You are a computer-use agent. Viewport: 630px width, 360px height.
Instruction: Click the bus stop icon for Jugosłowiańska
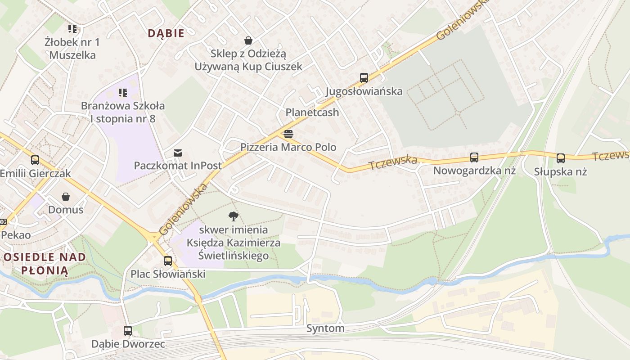pyautogui.click(x=364, y=77)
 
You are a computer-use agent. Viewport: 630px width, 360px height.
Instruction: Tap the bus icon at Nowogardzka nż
pyautogui.click(x=474, y=157)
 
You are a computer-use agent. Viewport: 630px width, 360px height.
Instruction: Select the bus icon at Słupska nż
pyautogui.click(x=560, y=158)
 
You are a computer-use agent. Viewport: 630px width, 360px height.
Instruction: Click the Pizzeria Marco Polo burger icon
pyautogui.click(x=288, y=134)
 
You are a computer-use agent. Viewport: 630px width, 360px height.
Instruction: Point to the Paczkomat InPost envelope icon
pyautogui.click(x=178, y=153)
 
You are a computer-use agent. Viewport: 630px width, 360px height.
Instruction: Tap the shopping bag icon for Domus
pyautogui.click(x=66, y=197)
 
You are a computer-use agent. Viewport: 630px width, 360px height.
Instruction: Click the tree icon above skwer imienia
pyautogui.click(x=233, y=216)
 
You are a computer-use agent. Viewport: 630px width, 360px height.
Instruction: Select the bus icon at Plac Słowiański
pyautogui.click(x=168, y=261)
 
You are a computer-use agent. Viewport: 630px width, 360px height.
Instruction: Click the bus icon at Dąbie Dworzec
pyautogui.click(x=128, y=331)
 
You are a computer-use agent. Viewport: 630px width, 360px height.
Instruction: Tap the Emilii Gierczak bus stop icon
pyautogui.click(x=35, y=160)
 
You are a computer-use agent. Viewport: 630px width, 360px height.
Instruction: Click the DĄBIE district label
pyautogui.click(x=166, y=33)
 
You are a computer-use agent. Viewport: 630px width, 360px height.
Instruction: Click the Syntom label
pyautogui.click(x=325, y=328)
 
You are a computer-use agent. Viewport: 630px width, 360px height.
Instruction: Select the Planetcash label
pyautogui.click(x=312, y=112)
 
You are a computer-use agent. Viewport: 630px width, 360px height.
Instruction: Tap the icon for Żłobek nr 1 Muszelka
pyautogui.click(x=72, y=29)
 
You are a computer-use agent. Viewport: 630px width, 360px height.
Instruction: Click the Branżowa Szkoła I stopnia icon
pyautogui.click(x=123, y=93)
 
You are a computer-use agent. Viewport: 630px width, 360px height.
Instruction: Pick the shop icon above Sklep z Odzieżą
pyautogui.click(x=248, y=40)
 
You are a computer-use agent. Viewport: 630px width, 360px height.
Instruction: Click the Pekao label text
pyautogui.click(x=16, y=235)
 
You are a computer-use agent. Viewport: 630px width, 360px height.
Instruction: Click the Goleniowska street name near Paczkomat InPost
pyautogui.click(x=184, y=208)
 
